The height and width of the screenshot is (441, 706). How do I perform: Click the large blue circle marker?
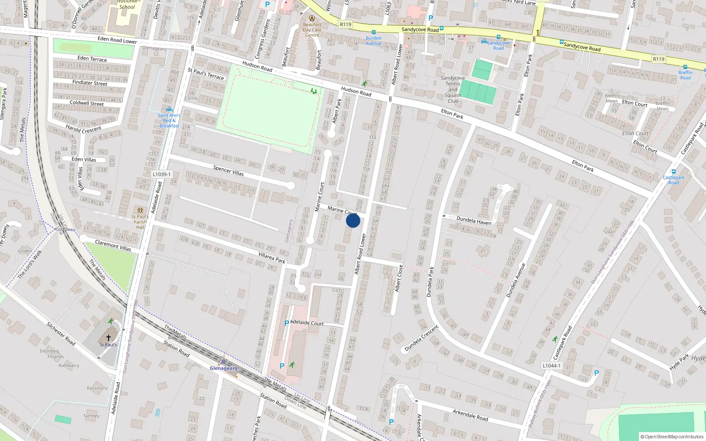353,220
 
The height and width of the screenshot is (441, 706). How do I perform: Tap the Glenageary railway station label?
223,368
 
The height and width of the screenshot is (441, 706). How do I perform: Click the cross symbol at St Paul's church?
109,338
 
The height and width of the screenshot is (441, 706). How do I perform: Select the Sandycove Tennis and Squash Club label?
453,90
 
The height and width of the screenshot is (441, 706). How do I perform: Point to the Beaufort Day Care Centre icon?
312,18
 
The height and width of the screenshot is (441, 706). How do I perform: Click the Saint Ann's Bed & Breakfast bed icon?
169,109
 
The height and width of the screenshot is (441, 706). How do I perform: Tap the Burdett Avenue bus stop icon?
373,32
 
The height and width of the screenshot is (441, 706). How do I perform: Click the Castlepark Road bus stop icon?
673,172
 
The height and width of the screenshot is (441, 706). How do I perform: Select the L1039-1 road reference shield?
161,174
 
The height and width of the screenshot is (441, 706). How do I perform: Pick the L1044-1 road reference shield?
552,366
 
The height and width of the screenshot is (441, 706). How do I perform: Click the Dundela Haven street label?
474,220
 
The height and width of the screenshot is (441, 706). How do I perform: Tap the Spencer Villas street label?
228,171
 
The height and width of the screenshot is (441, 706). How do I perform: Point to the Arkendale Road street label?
470,415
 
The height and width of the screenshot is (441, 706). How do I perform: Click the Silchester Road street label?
61,333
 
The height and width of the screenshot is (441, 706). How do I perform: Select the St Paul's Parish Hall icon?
140,210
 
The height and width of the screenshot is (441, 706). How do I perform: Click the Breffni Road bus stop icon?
685,67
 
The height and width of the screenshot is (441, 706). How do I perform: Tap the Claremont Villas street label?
113,246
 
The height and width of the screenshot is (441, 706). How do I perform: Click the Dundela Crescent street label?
421,339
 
